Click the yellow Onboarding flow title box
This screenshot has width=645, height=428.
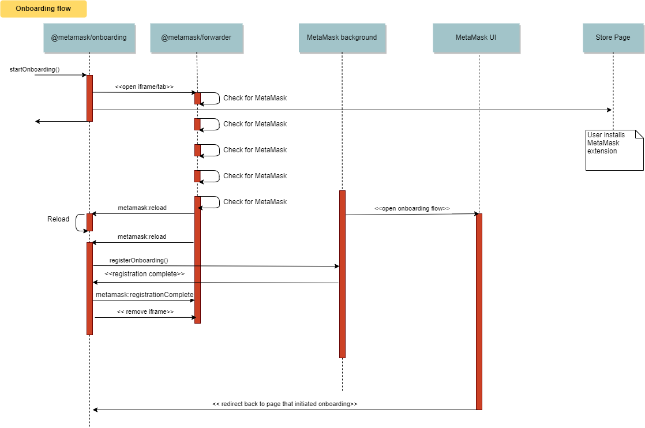click(x=43, y=9)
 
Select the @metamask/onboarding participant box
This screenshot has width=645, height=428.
click(x=89, y=37)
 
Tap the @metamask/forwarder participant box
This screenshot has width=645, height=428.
click(x=196, y=37)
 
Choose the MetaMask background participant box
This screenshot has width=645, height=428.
click(x=342, y=37)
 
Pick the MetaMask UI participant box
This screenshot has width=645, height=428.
click(x=476, y=37)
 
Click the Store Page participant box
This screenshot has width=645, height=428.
click(x=613, y=37)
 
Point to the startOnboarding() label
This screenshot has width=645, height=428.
click(x=35, y=69)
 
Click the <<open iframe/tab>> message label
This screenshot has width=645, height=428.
click(x=144, y=87)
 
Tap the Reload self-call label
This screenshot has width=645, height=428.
click(x=58, y=219)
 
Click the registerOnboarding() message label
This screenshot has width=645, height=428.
click(x=138, y=260)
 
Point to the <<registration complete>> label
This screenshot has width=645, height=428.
click(x=144, y=274)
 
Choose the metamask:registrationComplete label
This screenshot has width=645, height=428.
click(x=144, y=295)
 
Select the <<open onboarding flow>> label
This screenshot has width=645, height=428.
click(x=412, y=208)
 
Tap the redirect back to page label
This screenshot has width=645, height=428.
click(x=284, y=404)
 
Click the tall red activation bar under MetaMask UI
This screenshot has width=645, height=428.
click(x=479, y=311)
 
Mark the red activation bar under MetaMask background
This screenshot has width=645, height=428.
click(x=342, y=274)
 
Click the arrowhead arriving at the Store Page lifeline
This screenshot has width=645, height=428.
click(x=609, y=110)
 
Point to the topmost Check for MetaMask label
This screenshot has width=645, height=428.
click(x=255, y=98)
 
